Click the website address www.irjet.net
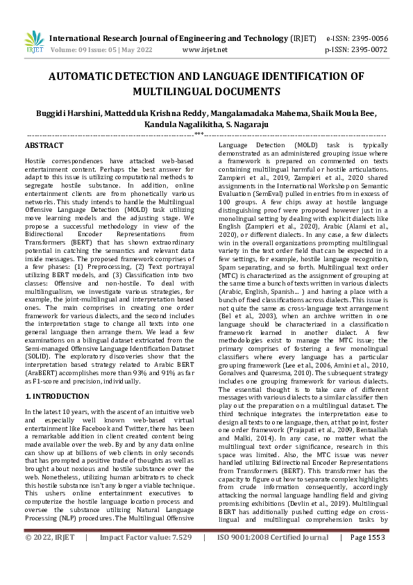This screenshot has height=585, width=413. tap(205, 50)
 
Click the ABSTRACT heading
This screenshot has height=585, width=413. tap(44, 146)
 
